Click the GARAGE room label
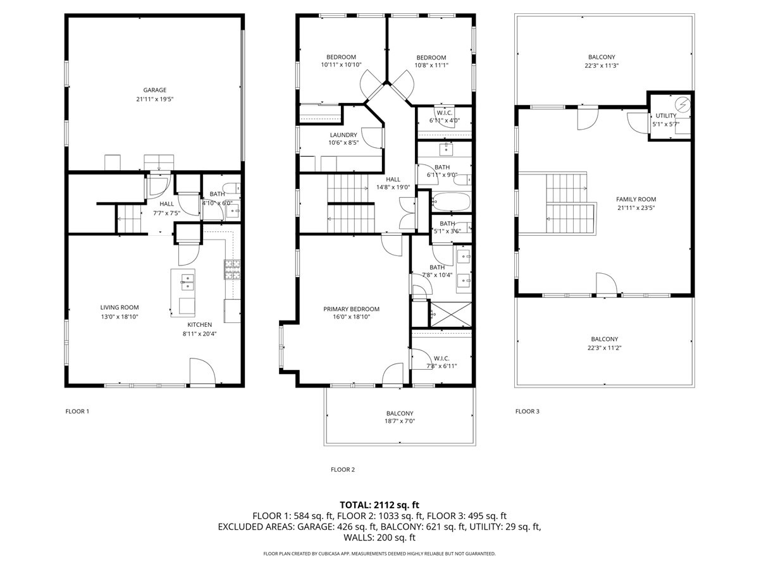pos(154,90)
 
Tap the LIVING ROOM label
pos(119,308)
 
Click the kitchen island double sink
pos(187,282)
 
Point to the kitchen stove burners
pos(231,270)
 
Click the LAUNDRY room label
pos(343,135)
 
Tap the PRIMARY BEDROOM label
pos(351,309)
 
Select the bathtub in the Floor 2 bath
pos(451,203)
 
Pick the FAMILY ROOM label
pos(636,199)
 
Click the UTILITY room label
pos(665,116)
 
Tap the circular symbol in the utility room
pos(682,104)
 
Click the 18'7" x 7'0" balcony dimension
pos(399,421)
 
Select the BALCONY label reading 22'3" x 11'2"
pos(604,348)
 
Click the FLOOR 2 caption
pos(343,470)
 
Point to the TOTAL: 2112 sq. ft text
pos(379,505)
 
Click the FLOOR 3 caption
pos(528,412)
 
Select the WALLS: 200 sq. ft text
pos(379,538)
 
